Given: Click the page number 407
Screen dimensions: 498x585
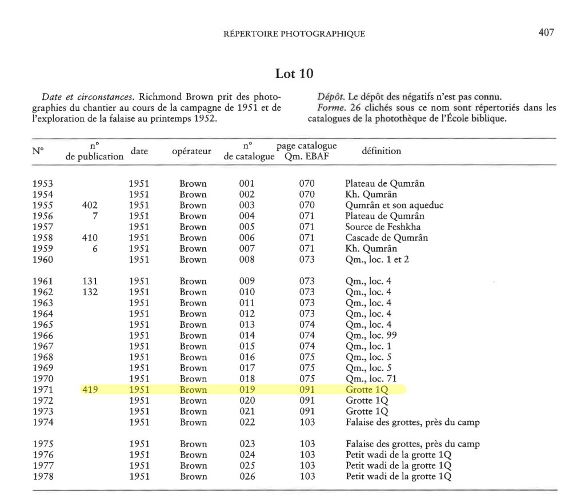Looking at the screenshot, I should [x=546, y=33].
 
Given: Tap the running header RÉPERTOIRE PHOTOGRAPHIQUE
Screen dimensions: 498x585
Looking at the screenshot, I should [x=294, y=34].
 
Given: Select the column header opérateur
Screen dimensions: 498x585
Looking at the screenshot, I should [x=191, y=151].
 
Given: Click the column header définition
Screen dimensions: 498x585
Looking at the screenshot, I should [x=382, y=151].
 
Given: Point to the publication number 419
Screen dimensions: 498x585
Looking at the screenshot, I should [x=90, y=389].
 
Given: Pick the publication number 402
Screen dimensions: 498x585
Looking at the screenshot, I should [x=90, y=206].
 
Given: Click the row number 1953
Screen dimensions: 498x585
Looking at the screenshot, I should [x=43, y=184].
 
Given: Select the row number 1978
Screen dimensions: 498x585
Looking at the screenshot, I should [x=43, y=476].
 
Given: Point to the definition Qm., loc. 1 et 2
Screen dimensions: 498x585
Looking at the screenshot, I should [x=377, y=260].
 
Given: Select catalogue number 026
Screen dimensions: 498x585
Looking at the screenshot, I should [x=247, y=476].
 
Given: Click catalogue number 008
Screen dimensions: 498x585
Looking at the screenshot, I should [x=247, y=260].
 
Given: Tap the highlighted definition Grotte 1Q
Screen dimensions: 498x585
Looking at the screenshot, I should [x=367, y=389].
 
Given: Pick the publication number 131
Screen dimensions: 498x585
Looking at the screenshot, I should [x=90, y=282].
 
